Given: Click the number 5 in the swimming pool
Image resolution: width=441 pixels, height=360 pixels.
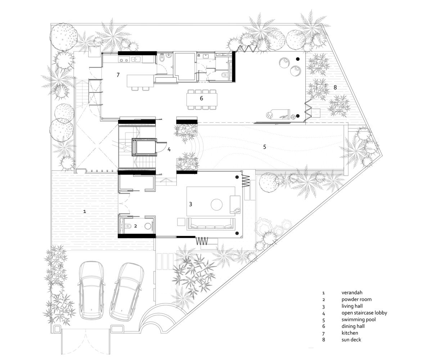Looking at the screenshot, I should click(264, 147).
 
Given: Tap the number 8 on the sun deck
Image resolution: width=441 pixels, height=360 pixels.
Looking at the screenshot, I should click(335, 87).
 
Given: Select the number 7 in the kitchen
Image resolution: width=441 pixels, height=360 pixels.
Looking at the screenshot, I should click(118, 75).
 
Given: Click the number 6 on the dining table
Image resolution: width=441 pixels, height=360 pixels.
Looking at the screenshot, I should click(202, 98).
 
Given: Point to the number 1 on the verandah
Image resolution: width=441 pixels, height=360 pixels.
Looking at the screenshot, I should click(85, 211).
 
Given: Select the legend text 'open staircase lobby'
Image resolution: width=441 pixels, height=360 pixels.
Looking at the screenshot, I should click(364, 313).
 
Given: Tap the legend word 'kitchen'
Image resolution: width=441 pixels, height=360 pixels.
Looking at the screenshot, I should click(350, 333).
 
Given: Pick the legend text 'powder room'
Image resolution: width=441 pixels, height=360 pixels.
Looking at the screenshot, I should click(356, 299).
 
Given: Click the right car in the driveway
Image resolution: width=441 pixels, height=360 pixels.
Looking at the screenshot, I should click(126, 291).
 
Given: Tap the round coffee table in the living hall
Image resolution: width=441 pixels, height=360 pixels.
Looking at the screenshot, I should click(217, 204).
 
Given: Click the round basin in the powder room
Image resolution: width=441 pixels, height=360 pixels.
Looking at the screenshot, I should click(148, 226).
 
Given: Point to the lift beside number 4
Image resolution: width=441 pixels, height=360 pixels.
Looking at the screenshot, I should click(145, 147).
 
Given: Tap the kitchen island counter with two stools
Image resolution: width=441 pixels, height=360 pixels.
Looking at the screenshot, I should click(140, 81).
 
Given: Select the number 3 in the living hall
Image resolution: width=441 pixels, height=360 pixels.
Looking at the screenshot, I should click(190, 204).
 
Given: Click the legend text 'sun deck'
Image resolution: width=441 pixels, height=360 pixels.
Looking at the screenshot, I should click(351, 339).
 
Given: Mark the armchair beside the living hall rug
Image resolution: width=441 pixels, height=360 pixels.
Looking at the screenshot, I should click(235, 204).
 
